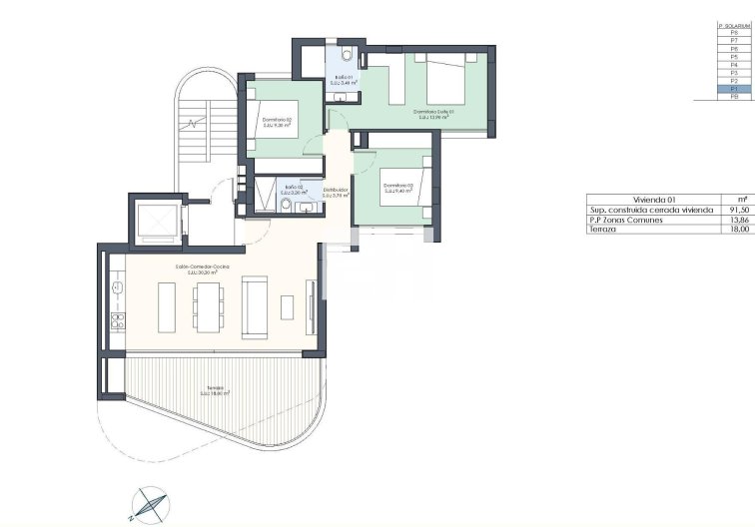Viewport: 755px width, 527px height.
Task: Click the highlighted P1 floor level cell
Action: [734, 89]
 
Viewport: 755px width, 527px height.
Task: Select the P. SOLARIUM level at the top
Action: [734, 25]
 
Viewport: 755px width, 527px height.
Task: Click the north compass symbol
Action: [148, 504]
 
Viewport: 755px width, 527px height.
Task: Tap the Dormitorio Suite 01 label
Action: [433, 112]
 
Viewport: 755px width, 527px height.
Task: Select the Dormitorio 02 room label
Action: [277, 121]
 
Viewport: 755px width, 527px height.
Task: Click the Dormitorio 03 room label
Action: [396, 186]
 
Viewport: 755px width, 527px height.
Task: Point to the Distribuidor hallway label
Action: [336, 191]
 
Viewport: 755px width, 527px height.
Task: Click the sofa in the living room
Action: [255, 307]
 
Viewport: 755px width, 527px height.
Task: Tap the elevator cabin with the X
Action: [159, 222]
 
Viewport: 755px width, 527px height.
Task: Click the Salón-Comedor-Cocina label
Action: [203, 268]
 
